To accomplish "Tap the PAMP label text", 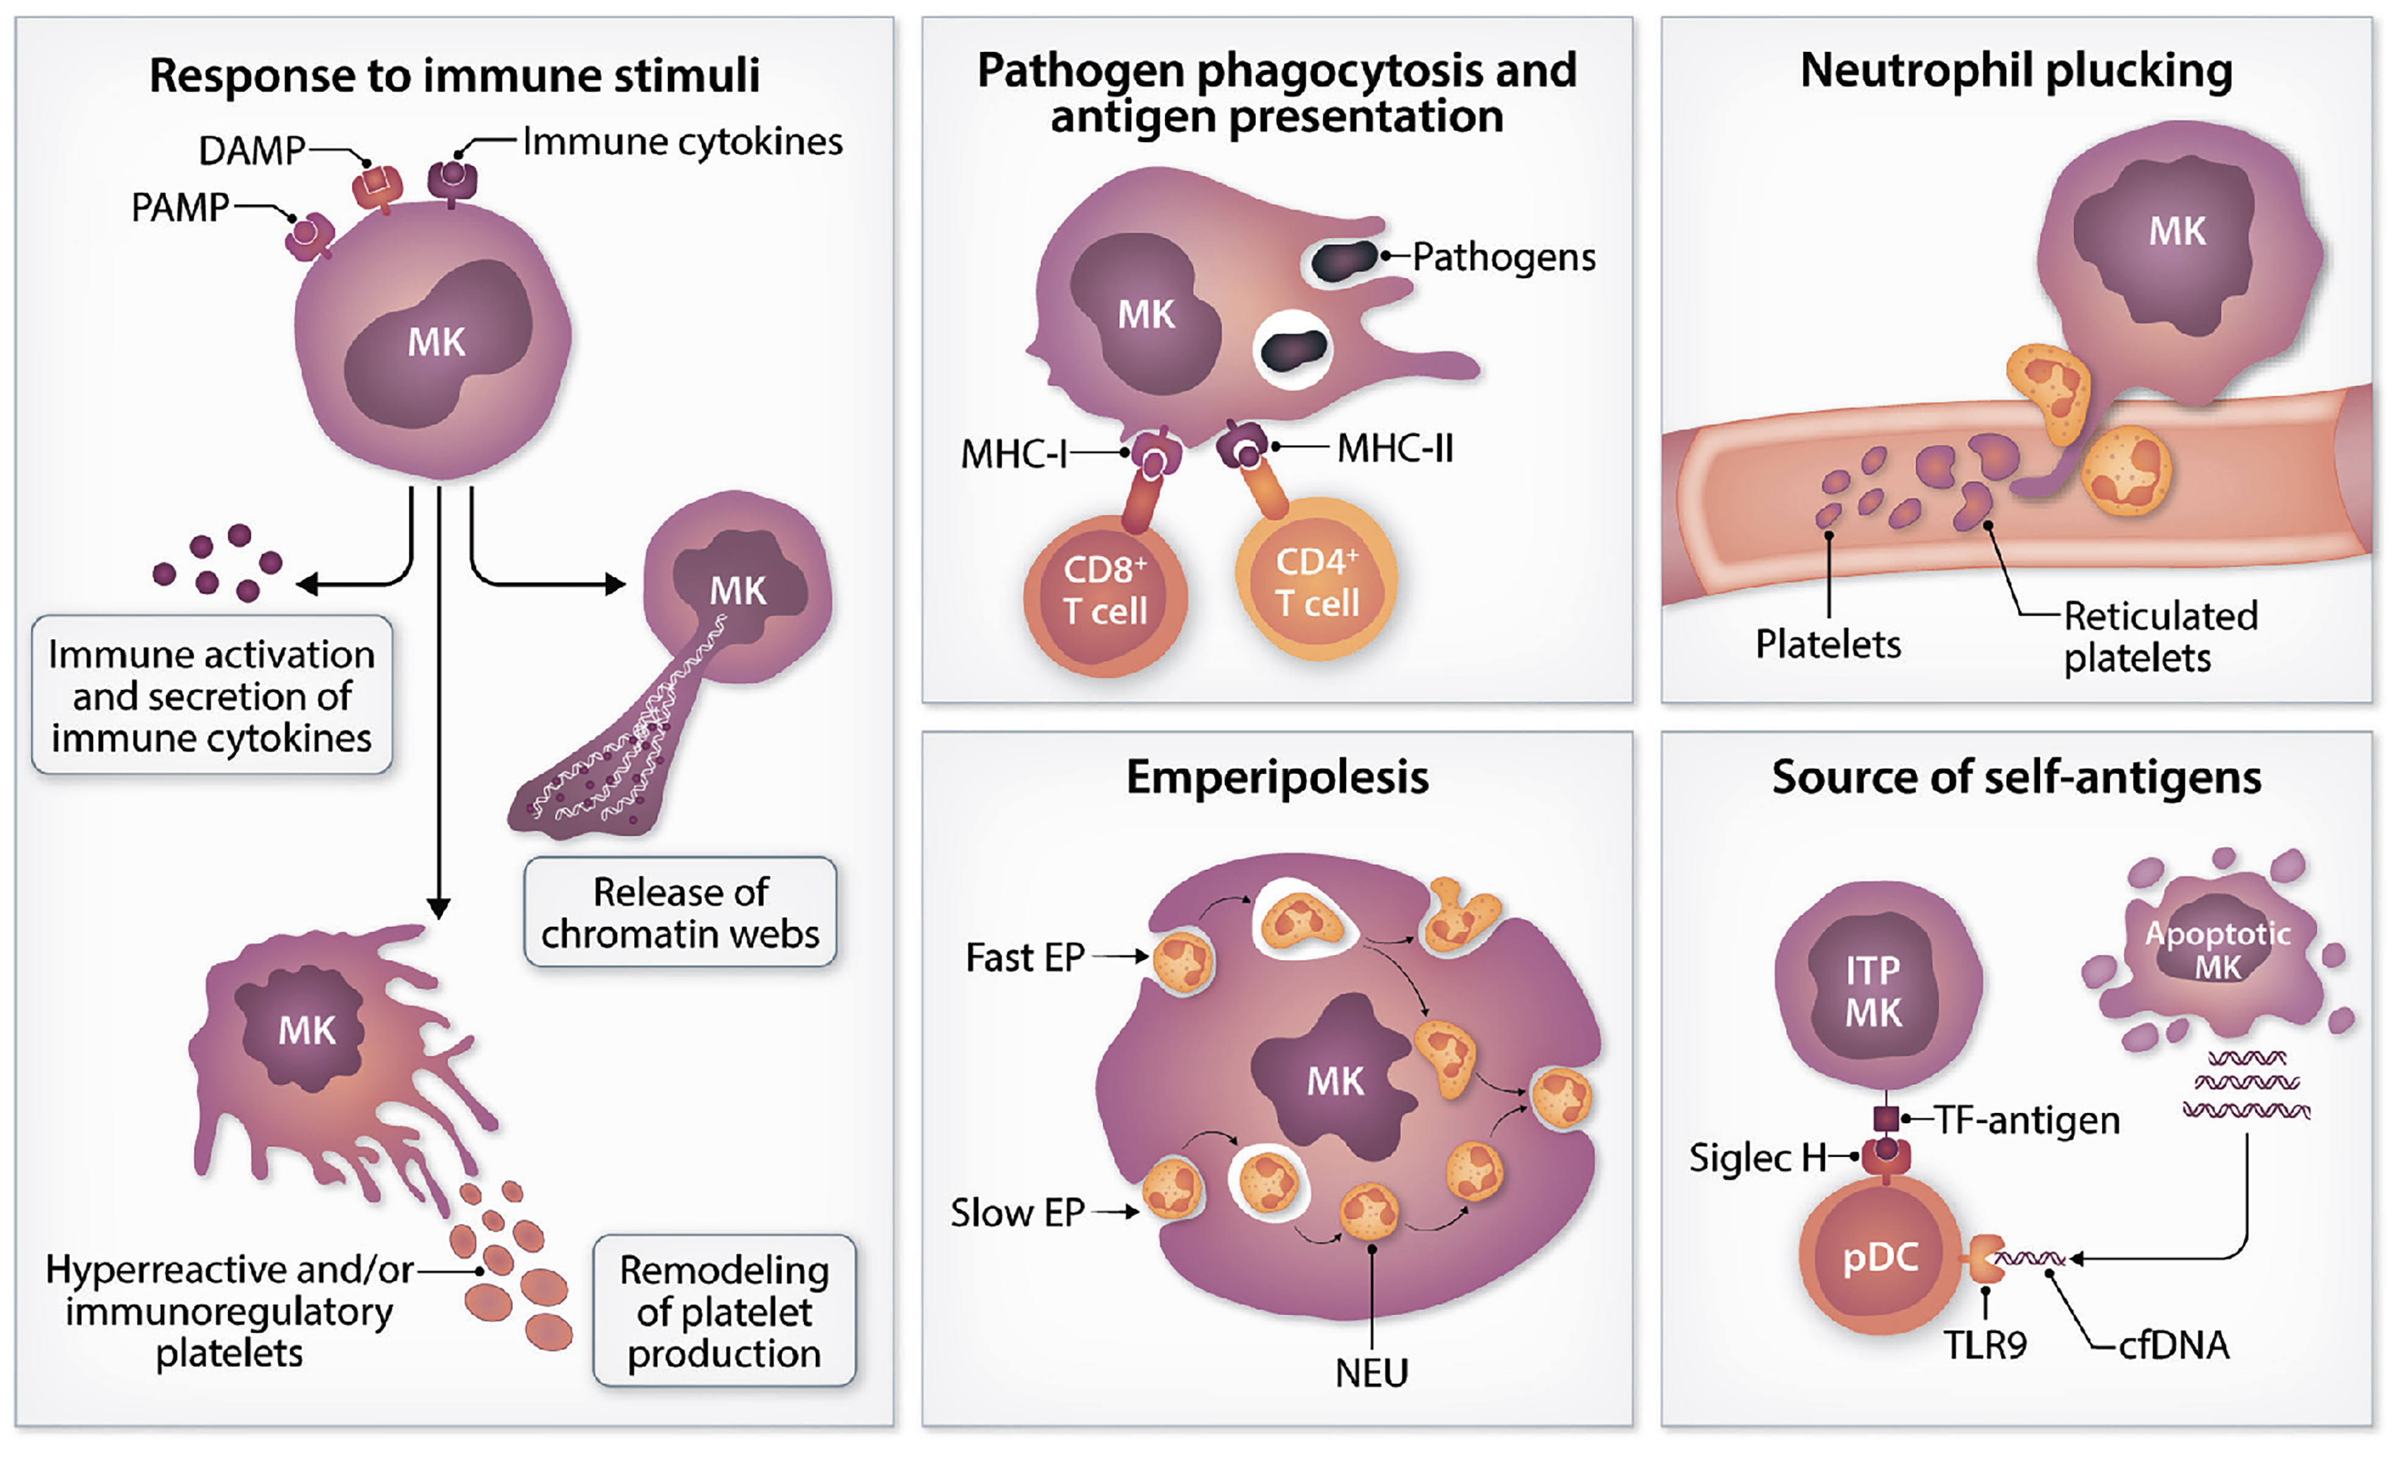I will [x=180, y=208].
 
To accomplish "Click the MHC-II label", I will [x=1395, y=449].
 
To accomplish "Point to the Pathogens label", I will [x=1504, y=257].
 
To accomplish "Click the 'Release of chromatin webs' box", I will [x=680, y=913].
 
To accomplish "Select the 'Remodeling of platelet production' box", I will [x=724, y=1311].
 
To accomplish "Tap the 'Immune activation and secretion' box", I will [x=211, y=696].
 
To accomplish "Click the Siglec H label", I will [x=1757, y=1158].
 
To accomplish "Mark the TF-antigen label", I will [x=2026, y=1120].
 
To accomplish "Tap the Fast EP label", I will [x=1025, y=958].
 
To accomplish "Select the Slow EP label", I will [x=1017, y=1213].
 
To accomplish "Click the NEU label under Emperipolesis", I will [x=1372, y=1374].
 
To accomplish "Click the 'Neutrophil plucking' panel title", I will [x=2016, y=71].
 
